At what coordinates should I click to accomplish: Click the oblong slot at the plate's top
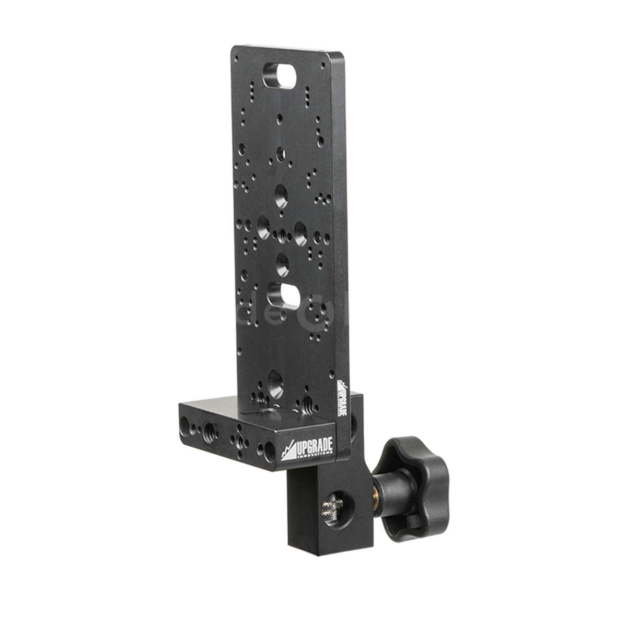click(x=280, y=75)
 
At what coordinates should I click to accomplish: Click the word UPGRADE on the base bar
click(x=314, y=447)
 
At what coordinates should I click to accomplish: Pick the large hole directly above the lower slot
click(x=282, y=261)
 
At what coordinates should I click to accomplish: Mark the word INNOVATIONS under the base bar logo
click(x=314, y=456)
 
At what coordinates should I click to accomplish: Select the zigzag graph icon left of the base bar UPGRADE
click(x=288, y=450)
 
